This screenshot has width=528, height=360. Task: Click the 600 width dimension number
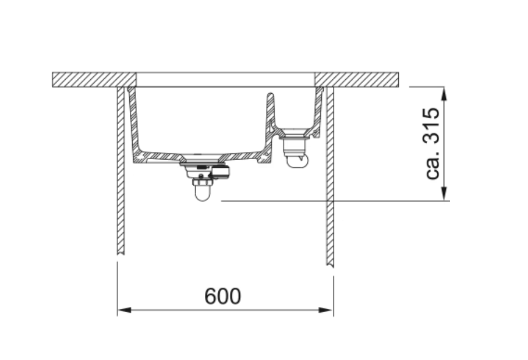tap(222, 296)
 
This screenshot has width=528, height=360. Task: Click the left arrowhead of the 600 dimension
tap(124, 310)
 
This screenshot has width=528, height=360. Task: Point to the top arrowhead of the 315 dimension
tap(444, 94)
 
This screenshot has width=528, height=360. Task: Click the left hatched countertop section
tap(94, 80)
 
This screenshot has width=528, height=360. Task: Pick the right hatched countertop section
tap(357, 80)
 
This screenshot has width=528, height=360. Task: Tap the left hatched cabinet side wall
tap(121, 171)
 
